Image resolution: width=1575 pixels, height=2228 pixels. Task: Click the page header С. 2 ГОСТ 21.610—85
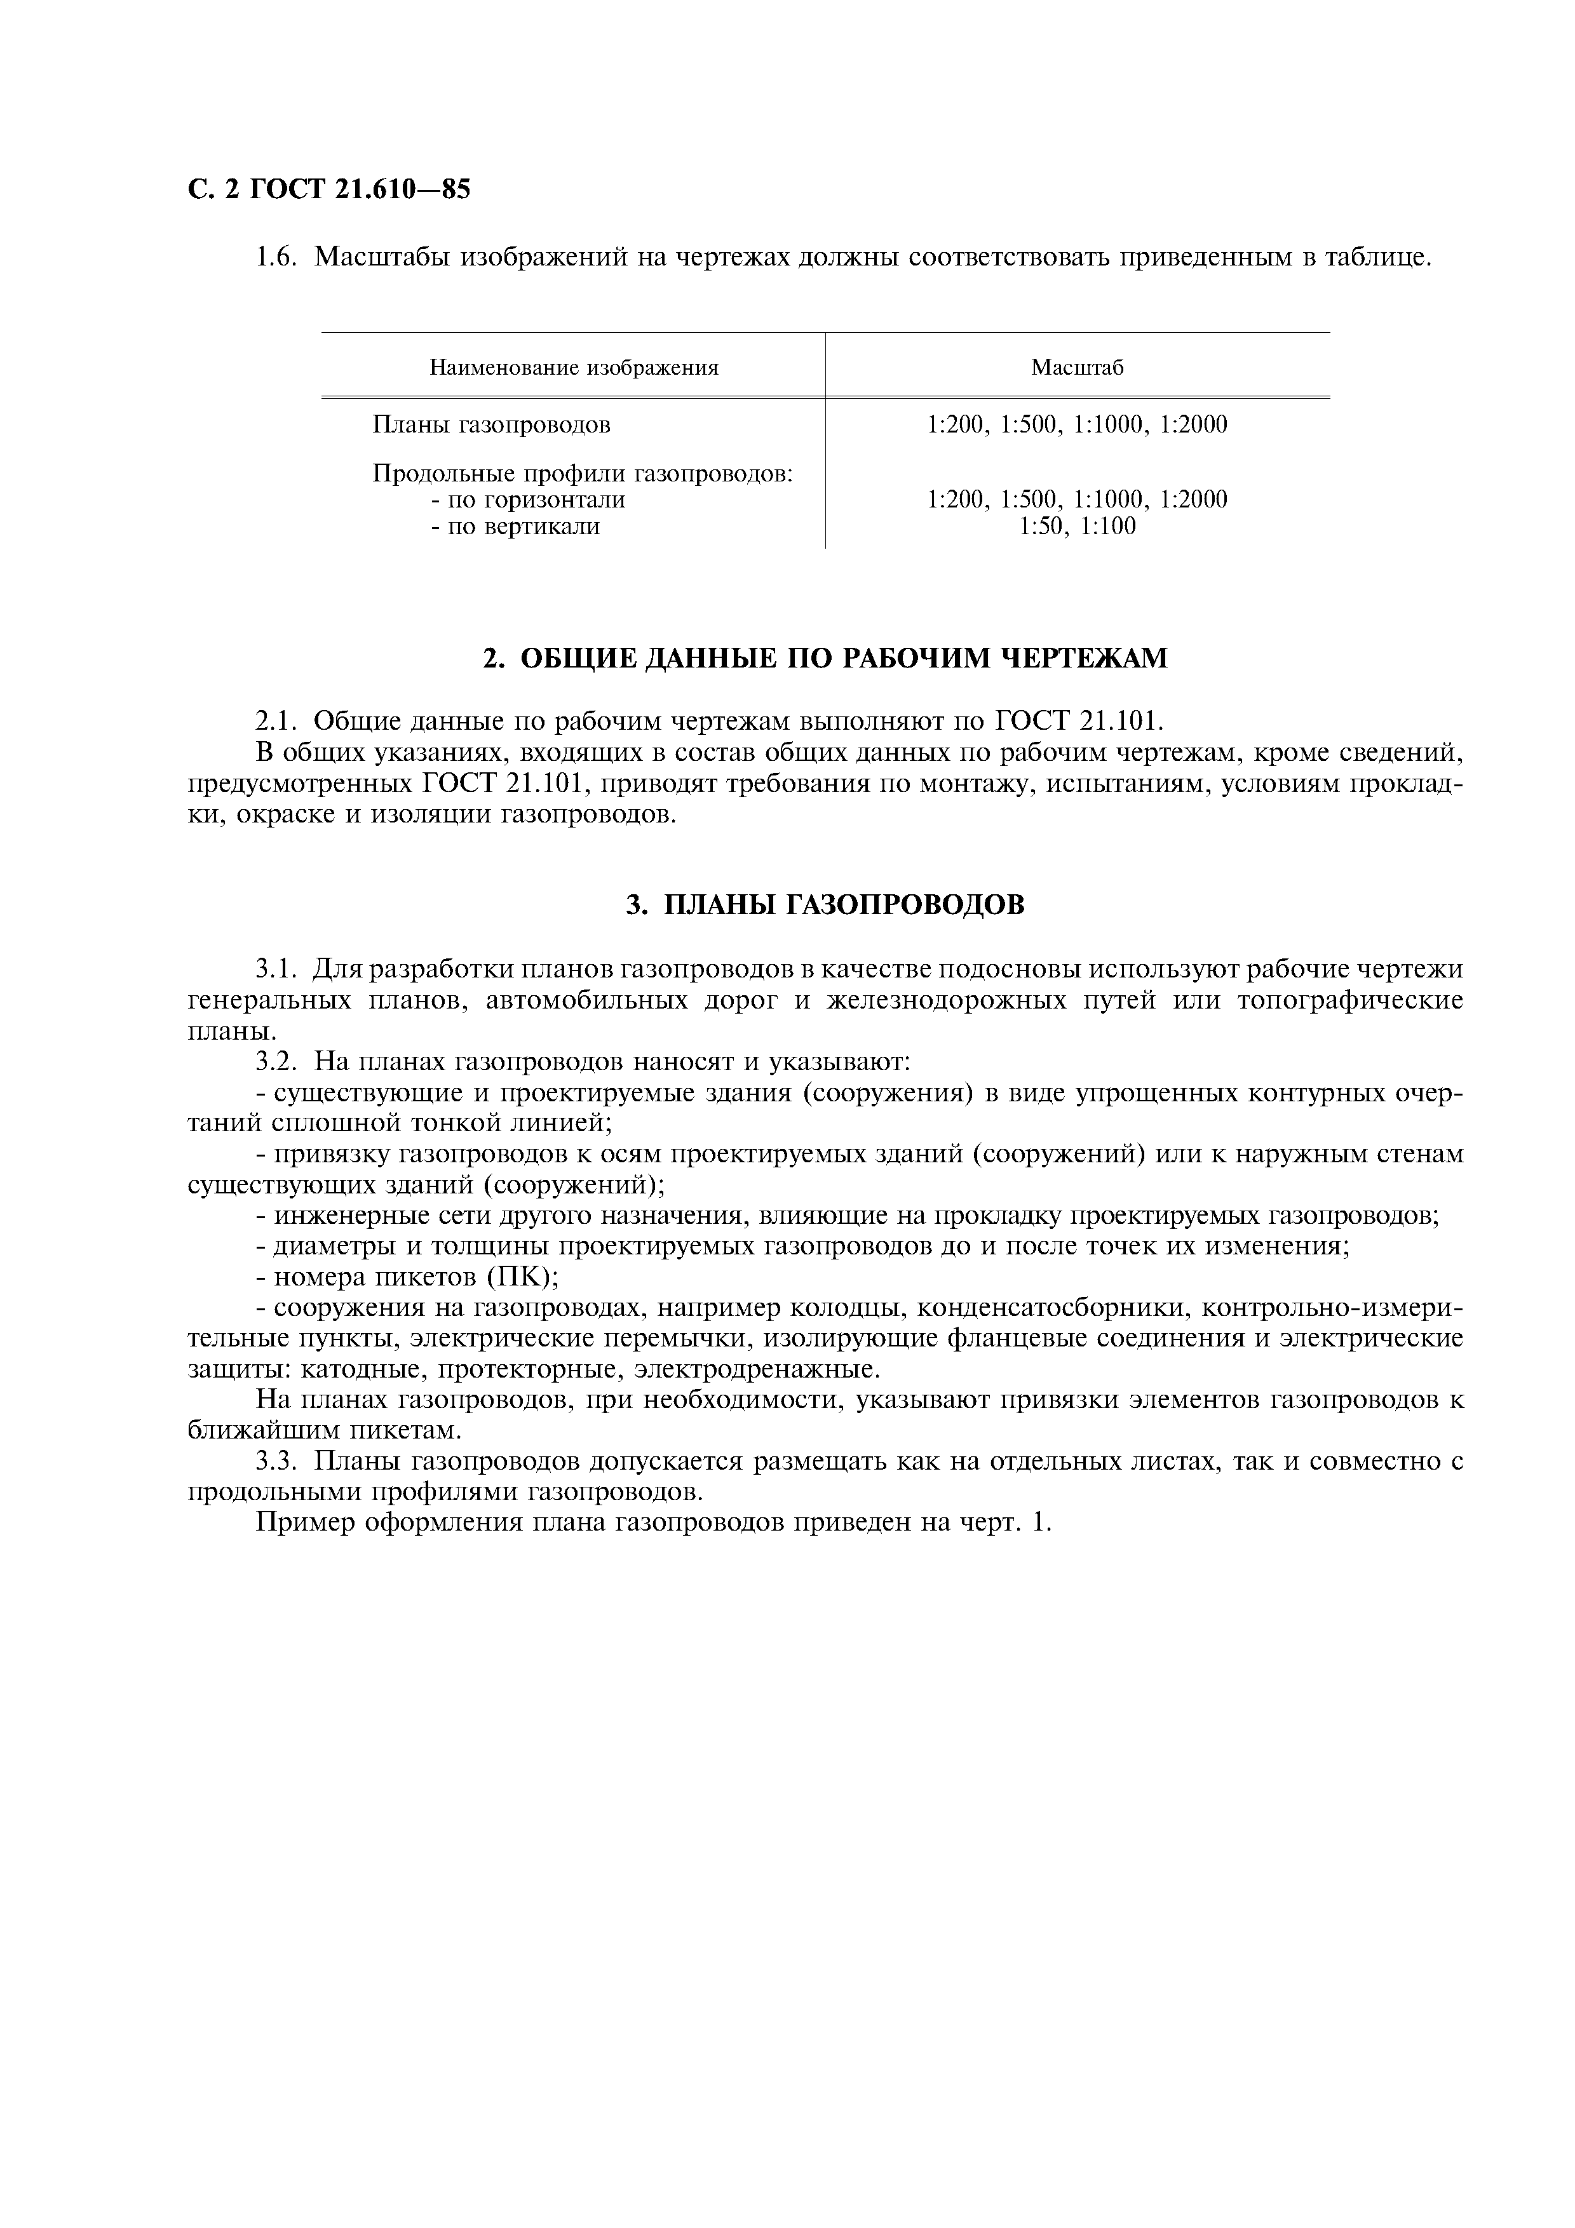pos(328,190)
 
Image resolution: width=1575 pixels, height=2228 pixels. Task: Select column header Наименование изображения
pos(574,368)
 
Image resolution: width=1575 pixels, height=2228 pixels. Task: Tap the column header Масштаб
pos(1076,368)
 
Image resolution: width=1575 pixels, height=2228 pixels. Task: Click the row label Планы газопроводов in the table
pos(491,424)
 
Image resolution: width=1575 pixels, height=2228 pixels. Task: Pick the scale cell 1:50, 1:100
pos(1076,527)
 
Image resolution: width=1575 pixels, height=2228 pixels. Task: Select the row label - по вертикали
pos(515,527)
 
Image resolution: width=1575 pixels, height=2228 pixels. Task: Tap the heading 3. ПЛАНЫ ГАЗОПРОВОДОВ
pos(825,904)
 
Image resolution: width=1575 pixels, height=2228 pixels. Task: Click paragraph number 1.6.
pos(274,258)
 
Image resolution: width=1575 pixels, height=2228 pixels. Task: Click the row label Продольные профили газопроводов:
pos(583,474)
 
